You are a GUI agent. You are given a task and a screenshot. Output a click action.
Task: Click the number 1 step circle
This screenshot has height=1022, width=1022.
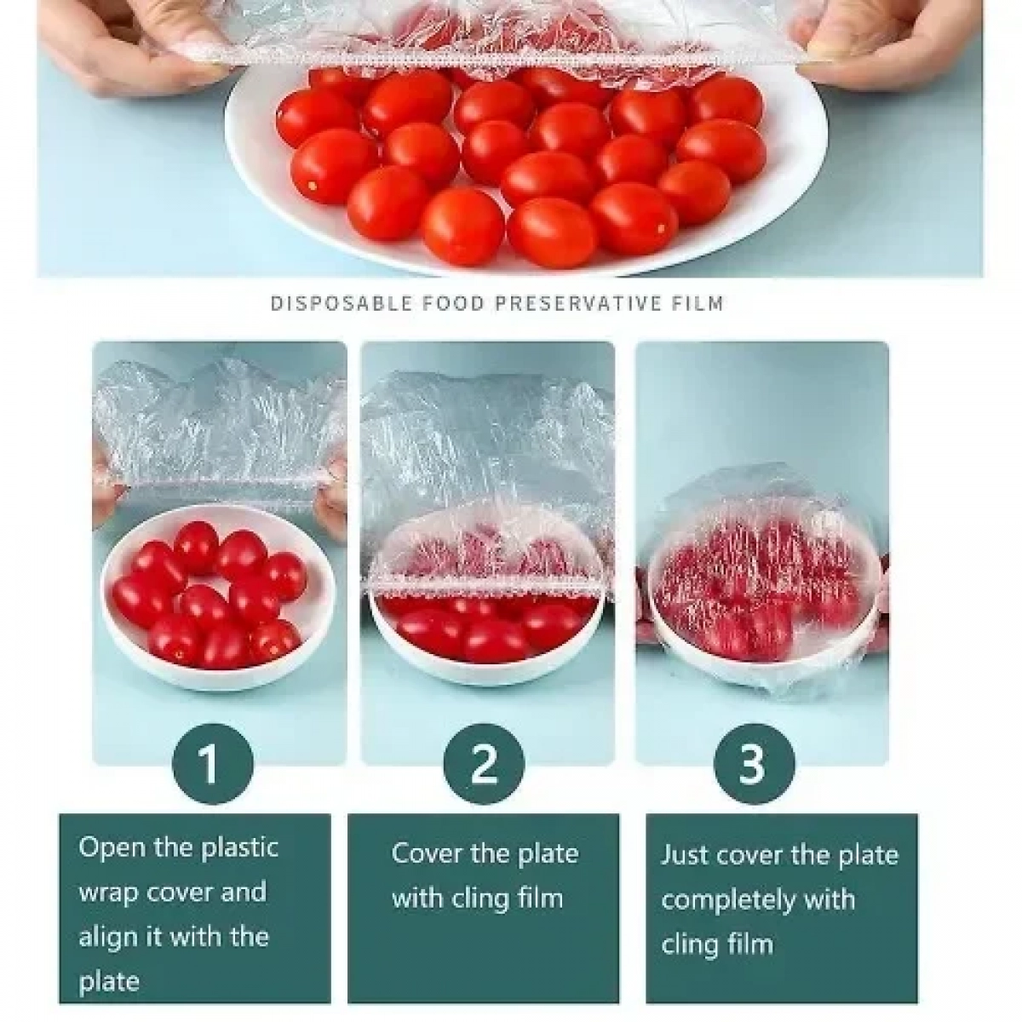(x=213, y=764)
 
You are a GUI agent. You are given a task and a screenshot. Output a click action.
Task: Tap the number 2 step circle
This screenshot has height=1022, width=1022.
(x=484, y=764)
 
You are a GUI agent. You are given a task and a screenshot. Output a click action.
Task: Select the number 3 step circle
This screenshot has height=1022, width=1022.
(x=755, y=764)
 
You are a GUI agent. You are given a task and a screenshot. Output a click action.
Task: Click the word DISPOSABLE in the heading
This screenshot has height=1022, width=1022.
(x=342, y=303)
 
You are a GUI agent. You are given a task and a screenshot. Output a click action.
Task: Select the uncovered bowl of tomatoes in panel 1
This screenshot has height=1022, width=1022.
(x=218, y=598)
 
